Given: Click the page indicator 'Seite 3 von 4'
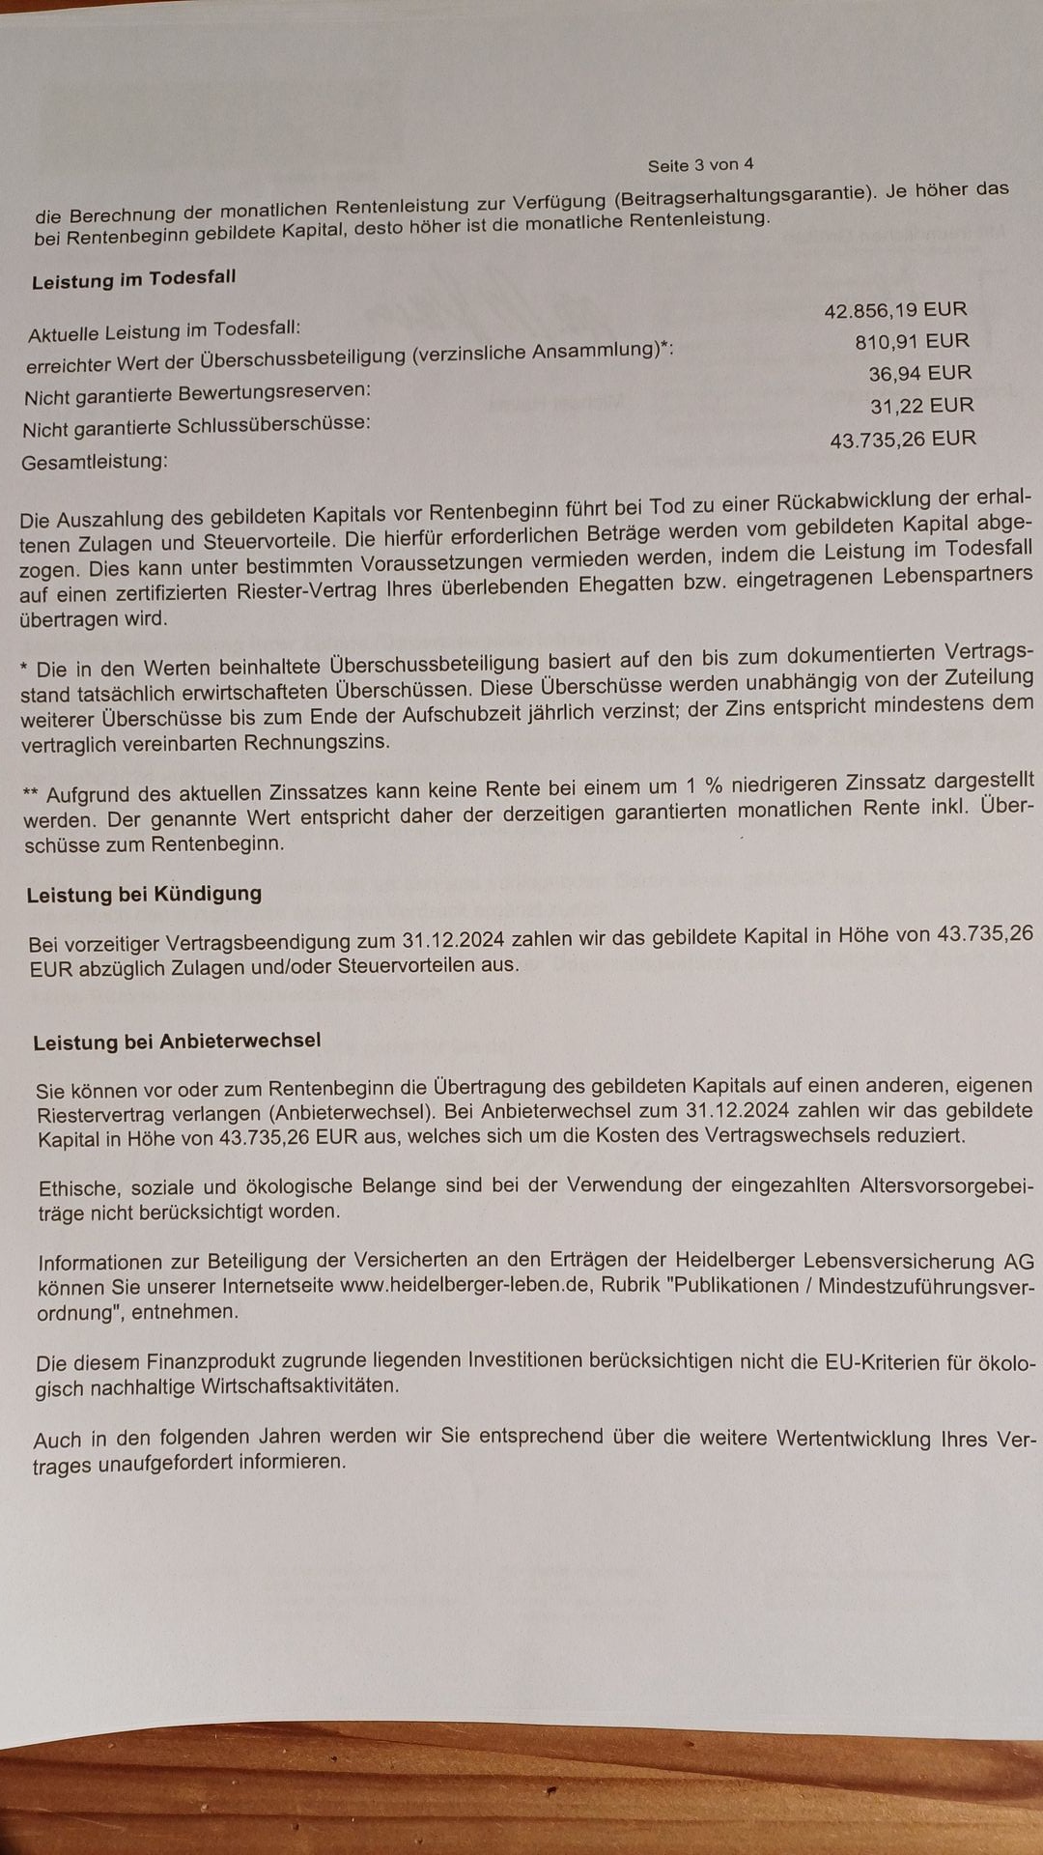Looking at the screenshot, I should tap(700, 164).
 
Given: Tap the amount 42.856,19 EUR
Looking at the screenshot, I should tap(895, 310).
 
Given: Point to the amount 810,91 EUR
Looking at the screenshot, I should tap(912, 341).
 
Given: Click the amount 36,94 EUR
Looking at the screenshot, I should tap(919, 373).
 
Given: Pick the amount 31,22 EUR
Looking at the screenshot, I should tap(921, 405).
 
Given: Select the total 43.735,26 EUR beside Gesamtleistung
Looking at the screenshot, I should tap(903, 440).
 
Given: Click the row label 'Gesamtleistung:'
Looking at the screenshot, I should tap(94, 462).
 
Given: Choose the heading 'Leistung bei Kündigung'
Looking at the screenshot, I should tap(144, 894).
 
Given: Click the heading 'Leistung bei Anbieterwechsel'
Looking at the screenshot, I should tap(177, 1042).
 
